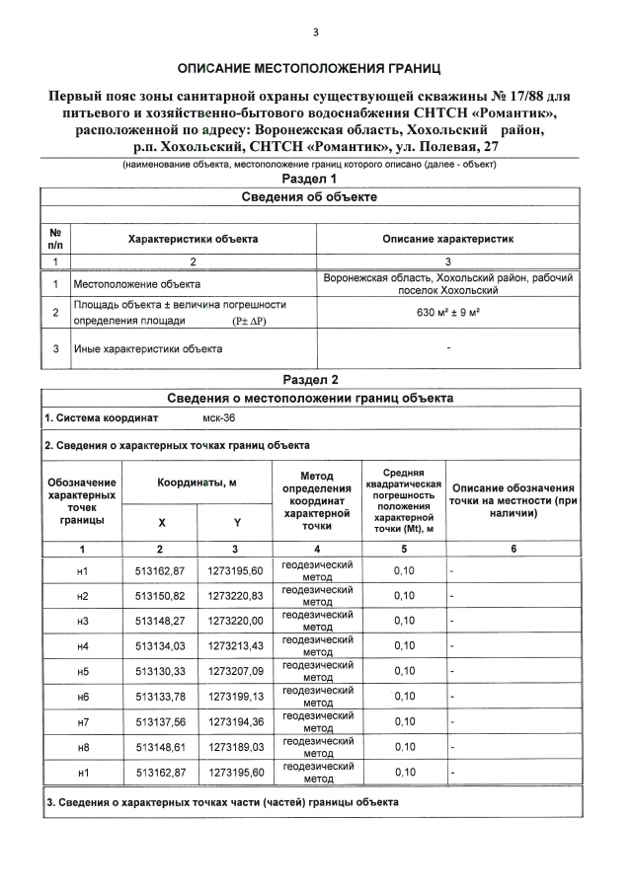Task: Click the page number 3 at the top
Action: coord(315,33)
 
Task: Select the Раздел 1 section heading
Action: coord(309,180)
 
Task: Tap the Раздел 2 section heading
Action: coord(309,380)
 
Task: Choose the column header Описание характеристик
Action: coord(447,239)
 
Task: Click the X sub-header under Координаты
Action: coord(160,522)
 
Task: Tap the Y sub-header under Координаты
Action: coord(235,522)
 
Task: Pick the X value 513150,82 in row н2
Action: coord(160,596)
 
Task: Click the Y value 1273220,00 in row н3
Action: coord(235,621)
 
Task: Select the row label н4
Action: coord(82,645)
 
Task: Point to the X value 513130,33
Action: coord(160,671)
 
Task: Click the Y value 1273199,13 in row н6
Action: coord(235,697)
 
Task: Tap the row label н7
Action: coord(82,721)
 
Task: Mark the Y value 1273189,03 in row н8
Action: coord(235,747)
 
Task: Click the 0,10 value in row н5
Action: coord(404,671)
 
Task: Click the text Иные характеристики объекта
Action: coord(148,348)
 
